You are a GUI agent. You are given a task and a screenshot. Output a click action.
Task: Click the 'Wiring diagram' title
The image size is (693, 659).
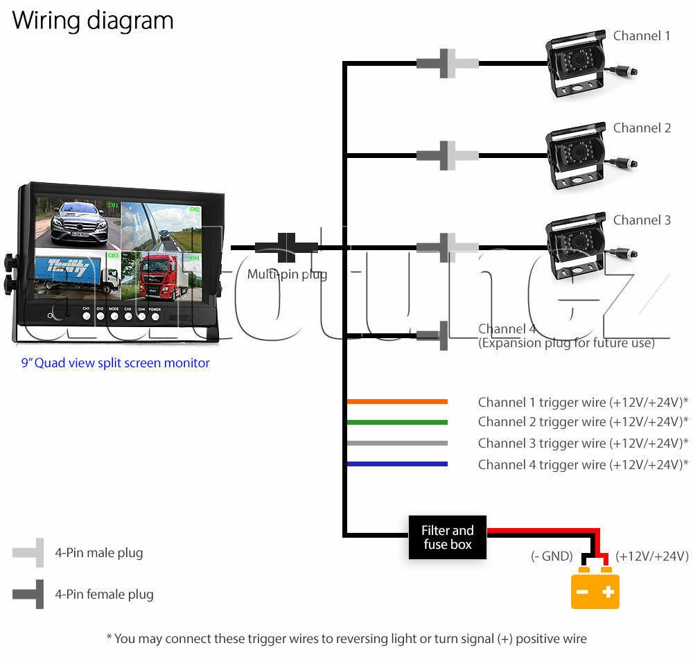pyautogui.click(x=92, y=20)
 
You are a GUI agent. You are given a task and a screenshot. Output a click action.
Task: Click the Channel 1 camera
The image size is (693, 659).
pyautogui.click(x=577, y=67)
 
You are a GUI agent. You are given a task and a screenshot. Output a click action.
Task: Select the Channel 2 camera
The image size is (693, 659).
pyautogui.click(x=577, y=158)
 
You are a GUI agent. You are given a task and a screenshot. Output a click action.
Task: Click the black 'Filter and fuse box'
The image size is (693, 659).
pyautogui.click(x=447, y=537)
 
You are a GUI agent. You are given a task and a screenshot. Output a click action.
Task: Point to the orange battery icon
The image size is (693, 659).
pyautogui.click(x=595, y=588)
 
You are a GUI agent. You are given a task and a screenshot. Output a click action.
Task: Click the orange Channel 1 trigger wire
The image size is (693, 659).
pyautogui.click(x=397, y=401)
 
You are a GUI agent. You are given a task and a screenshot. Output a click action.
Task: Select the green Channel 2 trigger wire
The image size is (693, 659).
pyautogui.click(x=397, y=422)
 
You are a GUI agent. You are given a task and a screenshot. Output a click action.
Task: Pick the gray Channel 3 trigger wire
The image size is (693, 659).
pyautogui.click(x=397, y=443)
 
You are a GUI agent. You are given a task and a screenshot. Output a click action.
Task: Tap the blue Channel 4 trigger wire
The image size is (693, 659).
pyautogui.click(x=397, y=464)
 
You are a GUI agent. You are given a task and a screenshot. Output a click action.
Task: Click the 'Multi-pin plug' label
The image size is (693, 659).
pyautogui.click(x=287, y=274)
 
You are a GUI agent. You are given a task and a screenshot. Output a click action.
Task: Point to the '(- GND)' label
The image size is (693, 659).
pyautogui.click(x=552, y=556)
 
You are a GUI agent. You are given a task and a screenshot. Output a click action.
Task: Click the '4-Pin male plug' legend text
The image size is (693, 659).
pyautogui.click(x=99, y=553)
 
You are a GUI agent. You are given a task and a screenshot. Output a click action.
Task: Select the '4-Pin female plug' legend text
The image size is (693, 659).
pyautogui.click(x=104, y=594)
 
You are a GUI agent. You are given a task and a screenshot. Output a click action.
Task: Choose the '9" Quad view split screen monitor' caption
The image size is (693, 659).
pyautogui.click(x=115, y=362)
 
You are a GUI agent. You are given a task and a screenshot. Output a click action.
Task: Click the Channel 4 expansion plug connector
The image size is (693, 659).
pyautogui.click(x=434, y=336)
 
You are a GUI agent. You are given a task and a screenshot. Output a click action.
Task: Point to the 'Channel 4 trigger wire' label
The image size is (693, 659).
pyautogui.click(x=582, y=464)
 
